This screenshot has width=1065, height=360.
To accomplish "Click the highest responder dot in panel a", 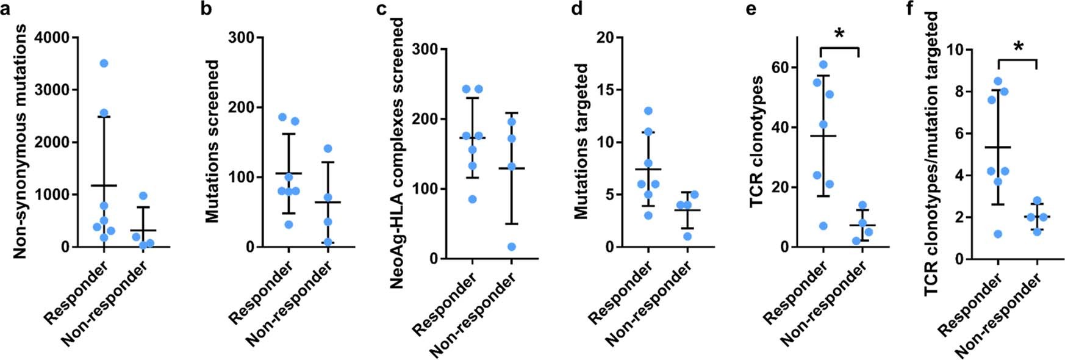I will (x=104, y=63).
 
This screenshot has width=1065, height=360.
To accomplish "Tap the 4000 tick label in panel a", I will (x=54, y=37).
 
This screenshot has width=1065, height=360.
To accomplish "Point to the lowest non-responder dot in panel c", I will (x=511, y=247).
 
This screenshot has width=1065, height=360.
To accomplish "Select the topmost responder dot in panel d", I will (x=648, y=111).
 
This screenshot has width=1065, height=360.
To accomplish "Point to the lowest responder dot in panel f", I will (x=998, y=234).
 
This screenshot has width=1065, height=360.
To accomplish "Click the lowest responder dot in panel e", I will (x=823, y=226).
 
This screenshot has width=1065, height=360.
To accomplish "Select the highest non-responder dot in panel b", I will (x=328, y=148).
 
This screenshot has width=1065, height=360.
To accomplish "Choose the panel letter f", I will (x=911, y=12).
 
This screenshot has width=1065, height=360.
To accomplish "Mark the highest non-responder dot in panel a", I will (x=143, y=196).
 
